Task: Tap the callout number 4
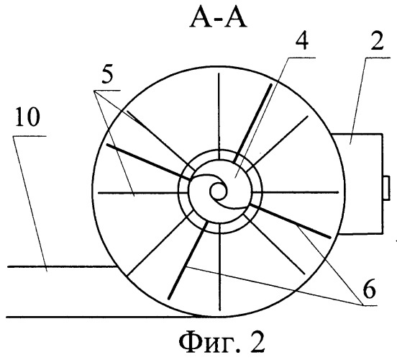point(302,42)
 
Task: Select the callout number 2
point(377,42)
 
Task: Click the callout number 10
point(27,117)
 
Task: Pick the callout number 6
point(369,290)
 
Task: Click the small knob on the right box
point(386,188)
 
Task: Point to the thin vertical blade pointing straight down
point(220,267)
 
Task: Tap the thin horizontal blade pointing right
point(296,192)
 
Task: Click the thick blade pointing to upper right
point(252,123)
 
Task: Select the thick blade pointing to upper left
point(149,162)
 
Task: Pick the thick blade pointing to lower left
point(188,261)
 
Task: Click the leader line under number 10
point(31,204)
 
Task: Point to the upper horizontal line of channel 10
point(62,266)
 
